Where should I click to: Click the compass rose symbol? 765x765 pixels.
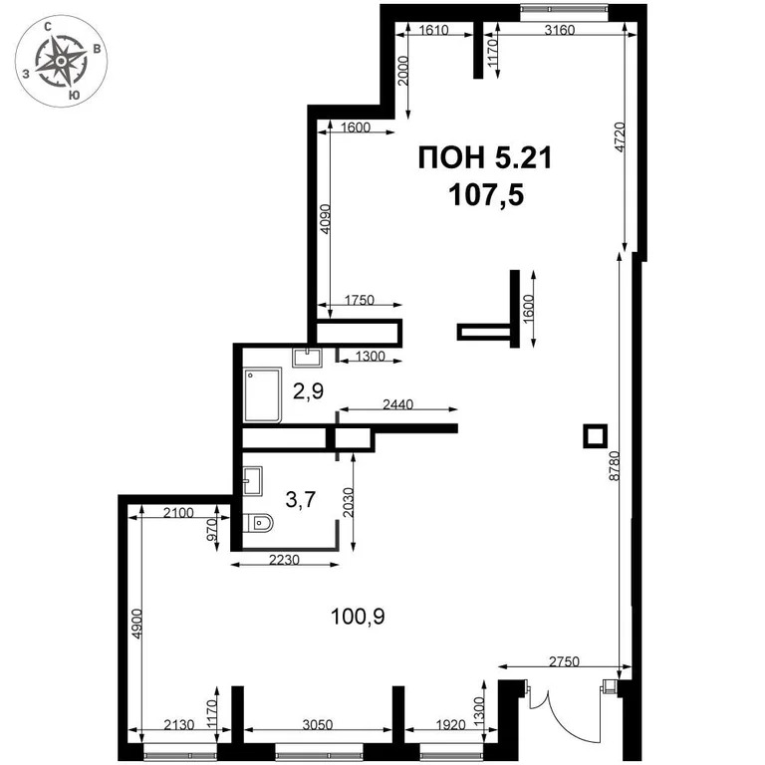pos(63,63)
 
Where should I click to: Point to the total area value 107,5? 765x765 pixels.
pos(485,194)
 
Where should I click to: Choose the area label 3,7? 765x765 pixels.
pos(300,500)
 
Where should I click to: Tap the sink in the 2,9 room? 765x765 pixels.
pos(305,357)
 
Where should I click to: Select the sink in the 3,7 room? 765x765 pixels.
pos(252,481)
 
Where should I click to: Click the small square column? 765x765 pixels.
pos(595,435)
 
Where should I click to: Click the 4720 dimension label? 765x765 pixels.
pos(619,137)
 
